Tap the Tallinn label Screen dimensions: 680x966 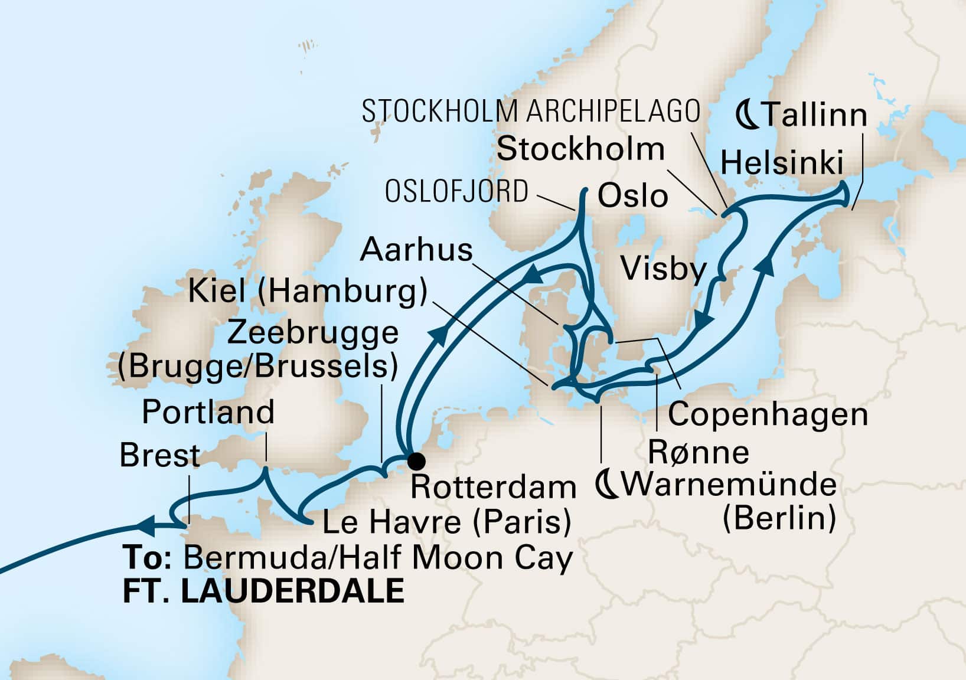(x=814, y=115)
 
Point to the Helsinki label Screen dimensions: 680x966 (x=782, y=162)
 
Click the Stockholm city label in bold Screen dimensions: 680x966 (x=580, y=149)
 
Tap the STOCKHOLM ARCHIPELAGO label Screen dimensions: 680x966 (x=531, y=111)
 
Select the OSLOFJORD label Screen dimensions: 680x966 (x=456, y=192)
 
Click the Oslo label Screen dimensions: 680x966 (x=632, y=196)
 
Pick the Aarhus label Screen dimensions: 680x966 (x=416, y=250)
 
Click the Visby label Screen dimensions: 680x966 (x=664, y=270)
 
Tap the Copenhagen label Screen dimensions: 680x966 (x=768, y=414)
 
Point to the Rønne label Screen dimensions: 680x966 (x=699, y=453)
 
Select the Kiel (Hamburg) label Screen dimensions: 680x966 (x=307, y=292)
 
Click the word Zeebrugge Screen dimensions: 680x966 (x=312, y=333)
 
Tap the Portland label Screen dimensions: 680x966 (x=208, y=411)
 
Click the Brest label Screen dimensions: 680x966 (x=160, y=455)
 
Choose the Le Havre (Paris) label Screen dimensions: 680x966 (x=446, y=522)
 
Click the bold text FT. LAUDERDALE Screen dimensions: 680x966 (x=263, y=591)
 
